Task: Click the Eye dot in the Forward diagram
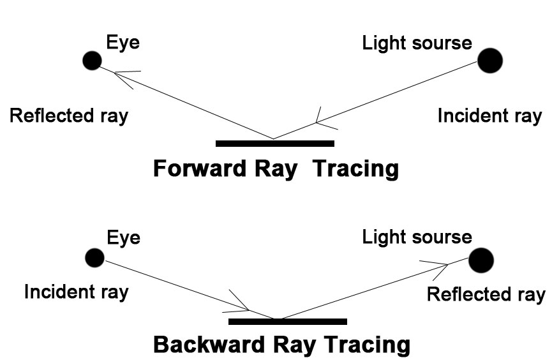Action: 93,61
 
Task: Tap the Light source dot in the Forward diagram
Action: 490,61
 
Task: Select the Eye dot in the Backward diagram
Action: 94,258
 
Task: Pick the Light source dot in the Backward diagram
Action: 481,260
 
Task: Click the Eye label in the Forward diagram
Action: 123,43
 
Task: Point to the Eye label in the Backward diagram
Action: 123,238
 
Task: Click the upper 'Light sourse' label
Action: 417,43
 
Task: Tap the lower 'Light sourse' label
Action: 417,238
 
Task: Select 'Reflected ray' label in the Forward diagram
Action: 69,116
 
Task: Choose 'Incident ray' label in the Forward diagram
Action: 489,116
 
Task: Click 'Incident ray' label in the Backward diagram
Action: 76,292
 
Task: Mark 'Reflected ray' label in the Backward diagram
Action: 486,295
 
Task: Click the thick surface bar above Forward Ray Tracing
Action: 275,143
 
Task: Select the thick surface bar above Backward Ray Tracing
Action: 288,322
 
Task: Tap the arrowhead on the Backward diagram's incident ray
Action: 238,304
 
